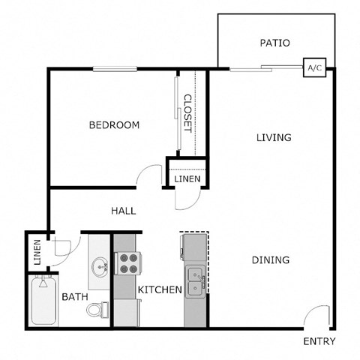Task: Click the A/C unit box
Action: tap(313, 68)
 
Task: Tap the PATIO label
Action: tap(274, 43)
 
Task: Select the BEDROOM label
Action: tap(114, 125)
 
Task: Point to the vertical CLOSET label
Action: tap(187, 112)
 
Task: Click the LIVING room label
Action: tap(273, 137)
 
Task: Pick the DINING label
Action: tap(271, 260)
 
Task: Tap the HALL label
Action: tap(123, 211)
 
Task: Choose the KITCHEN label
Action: tap(160, 289)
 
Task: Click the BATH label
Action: tap(75, 297)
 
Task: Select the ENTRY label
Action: tap(319, 342)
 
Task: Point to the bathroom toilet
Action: tap(97, 309)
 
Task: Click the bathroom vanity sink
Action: tap(98, 266)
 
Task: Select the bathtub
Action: tap(43, 301)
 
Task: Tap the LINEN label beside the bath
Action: tap(37, 252)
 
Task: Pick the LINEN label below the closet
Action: tap(187, 179)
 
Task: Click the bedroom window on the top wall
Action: tap(115, 69)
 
